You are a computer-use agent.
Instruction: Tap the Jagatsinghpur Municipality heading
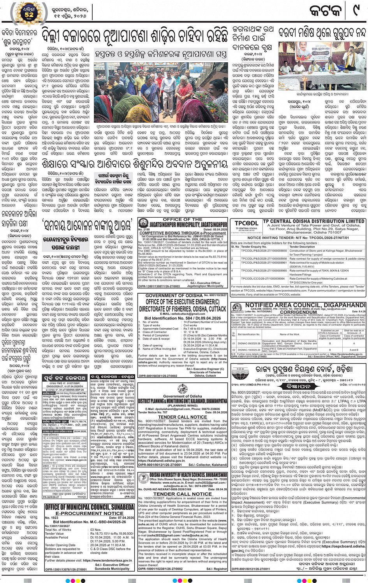[x=183, y=225]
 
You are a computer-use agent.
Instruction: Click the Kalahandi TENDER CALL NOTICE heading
[x=183, y=417]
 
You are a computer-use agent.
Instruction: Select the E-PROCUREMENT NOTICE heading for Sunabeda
[x=89, y=513]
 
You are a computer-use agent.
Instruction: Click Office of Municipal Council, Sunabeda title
[x=89, y=507]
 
